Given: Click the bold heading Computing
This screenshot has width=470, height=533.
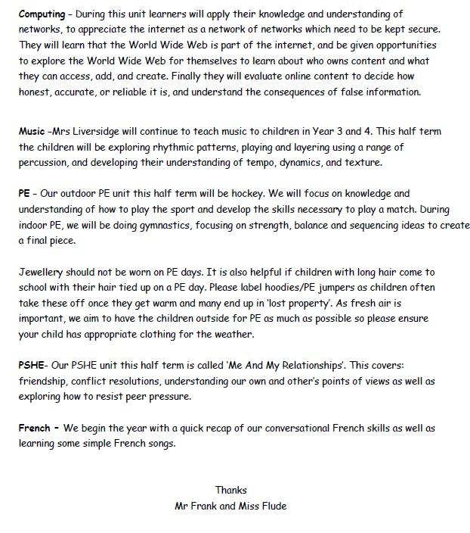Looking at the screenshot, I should (x=42, y=14).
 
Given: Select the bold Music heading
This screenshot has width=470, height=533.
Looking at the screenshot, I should (x=32, y=131).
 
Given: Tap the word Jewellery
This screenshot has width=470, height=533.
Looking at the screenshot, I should (x=43, y=271).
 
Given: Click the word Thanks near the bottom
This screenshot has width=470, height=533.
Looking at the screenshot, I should (x=231, y=490).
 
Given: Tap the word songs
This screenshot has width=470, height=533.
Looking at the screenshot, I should (x=159, y=444).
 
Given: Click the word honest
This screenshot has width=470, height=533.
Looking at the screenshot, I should (x=36, y=92).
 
